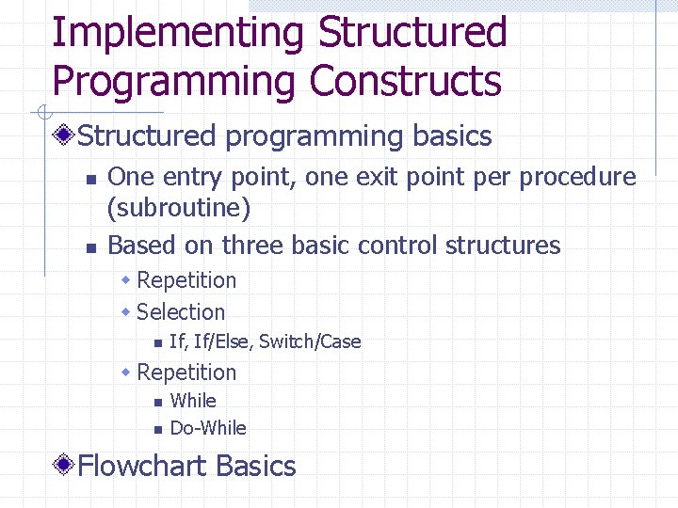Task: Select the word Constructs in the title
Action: tap(405, 81)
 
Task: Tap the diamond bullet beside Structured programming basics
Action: tap(64, 136)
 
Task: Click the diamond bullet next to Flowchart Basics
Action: tap(64, 466)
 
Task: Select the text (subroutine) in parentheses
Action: tap(179, 207)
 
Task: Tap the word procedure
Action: tap(578, 177)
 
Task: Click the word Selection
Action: tap(181, 312)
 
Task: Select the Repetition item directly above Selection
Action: tap(186, 280)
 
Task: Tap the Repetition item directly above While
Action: tap(186, 373)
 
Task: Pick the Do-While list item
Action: tap(208, 428)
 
